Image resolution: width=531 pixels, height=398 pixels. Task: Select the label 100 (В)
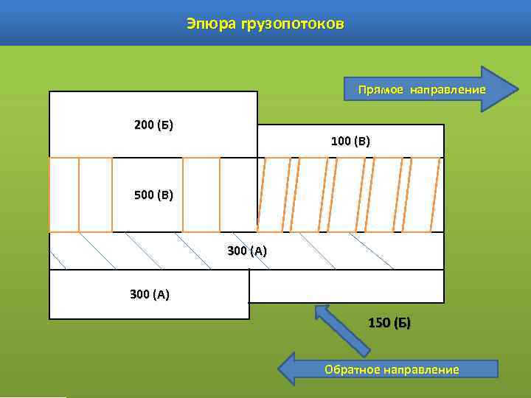(350, 141)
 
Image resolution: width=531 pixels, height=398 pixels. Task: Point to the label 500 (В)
(153, 195)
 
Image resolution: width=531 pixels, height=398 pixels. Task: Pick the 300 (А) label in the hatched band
(247, 251)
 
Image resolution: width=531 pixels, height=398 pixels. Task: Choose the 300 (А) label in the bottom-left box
(149, 295)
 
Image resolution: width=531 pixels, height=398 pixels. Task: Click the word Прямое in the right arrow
(381, 90)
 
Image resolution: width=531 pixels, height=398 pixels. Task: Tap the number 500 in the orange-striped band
(145, 195)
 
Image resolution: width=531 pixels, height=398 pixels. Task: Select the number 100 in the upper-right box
(341, 141)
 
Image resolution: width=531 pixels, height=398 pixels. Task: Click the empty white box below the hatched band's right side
(347, 286)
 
